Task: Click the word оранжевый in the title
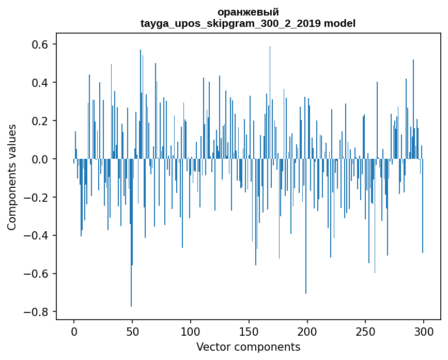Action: click(x=248, y=12)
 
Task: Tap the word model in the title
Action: click(x=339, y=23)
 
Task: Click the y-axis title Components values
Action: click(x=12, y=177)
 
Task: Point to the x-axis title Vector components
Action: click(x=248, y=347)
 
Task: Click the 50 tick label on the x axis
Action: click(x=132, y=331)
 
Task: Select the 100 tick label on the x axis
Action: click(x=191, y=331)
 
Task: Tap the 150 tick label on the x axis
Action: click(x=249, y=331)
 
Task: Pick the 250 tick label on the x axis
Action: click(x=365, y=331)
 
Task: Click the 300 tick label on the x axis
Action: click(x=424, y=331)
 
